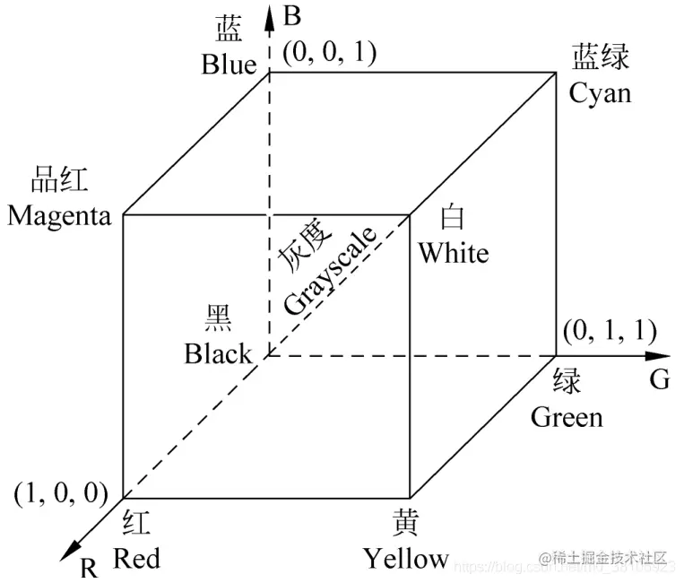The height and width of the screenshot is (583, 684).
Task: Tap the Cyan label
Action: click(601, 92)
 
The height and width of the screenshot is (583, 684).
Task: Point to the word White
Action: click(453, 253)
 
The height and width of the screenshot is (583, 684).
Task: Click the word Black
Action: click(218, 353)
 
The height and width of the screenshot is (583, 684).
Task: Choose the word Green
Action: click(567, 416)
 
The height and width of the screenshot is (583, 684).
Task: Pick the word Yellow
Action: click(405, 559)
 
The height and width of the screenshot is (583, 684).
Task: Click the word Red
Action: click(136, 559)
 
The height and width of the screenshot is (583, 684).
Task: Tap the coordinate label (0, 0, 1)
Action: click(329, 52)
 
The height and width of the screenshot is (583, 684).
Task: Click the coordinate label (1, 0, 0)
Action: click(61, 492)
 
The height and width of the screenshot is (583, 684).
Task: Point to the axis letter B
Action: click(290, 15)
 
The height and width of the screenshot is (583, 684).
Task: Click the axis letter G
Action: click(659, 380)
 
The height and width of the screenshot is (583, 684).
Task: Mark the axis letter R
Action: click(88, 567)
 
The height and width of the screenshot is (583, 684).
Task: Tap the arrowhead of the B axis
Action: click(270, 13)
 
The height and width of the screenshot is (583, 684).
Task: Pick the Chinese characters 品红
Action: click(59, 179)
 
